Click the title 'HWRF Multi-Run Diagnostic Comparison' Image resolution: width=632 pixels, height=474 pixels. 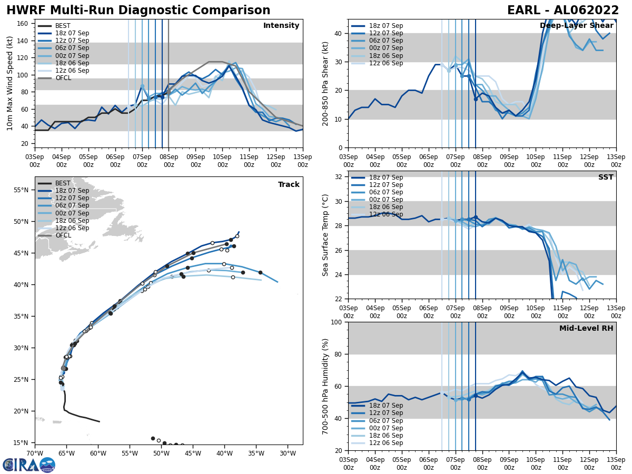138,11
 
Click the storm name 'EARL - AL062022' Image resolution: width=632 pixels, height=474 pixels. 563,11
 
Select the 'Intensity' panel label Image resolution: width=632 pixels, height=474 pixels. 281,26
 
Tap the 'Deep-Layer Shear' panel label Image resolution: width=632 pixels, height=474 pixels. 576,26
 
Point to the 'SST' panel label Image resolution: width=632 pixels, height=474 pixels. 605,177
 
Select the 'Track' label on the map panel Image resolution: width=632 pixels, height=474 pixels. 289,185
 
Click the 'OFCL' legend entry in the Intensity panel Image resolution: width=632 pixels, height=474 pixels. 63,78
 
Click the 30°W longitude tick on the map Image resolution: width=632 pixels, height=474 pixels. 288,453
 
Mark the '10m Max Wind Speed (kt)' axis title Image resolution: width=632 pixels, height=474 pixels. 10,83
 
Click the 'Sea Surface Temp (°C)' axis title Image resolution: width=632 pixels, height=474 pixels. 325,235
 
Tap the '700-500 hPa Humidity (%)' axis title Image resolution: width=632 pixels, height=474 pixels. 325,386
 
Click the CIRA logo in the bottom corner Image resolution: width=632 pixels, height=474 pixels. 28,465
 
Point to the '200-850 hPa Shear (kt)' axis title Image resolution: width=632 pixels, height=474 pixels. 325,84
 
